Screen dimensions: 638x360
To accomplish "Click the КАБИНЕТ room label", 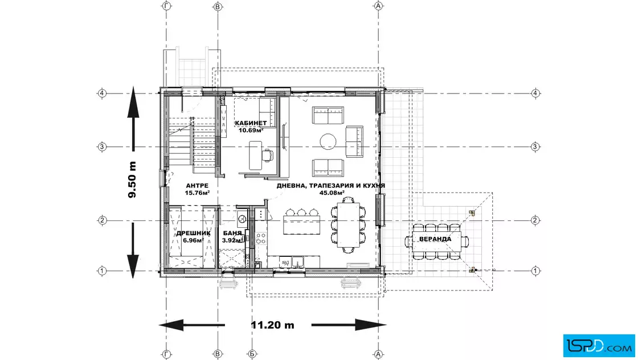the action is tap(251, 123).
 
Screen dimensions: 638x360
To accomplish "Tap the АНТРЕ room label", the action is tap(197, 186).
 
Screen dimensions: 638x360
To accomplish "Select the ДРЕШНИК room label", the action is tap(193, 234).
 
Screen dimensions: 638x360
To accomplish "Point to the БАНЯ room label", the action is tap(232, 234).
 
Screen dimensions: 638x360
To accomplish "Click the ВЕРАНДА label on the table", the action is tap(435, 239).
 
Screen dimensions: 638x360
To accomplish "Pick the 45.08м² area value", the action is tap(332, 193).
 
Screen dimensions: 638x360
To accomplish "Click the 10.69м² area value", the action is tap(251, 130).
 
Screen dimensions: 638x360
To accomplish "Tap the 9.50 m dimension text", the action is tap(132, 179).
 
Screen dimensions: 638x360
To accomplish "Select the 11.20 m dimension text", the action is tap(272, 325).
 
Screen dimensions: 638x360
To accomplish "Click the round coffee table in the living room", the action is tap(328, 142).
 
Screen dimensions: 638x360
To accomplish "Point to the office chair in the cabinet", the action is tap(267, 156).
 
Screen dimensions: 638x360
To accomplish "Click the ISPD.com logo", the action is tap(599, 346).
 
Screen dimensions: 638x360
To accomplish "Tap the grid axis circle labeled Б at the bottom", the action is tap(252, 354).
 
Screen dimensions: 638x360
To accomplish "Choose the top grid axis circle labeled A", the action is tap(378, 6).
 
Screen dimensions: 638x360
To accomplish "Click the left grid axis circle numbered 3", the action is tap(102, 147).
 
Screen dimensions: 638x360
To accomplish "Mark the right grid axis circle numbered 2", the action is tap(535, 220).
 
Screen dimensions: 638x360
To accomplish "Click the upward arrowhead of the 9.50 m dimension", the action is tap(133, 102).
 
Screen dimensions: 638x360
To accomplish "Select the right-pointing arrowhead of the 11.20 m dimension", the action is tap(370, 325).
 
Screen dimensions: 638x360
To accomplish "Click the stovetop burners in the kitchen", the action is tap(261, 238).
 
